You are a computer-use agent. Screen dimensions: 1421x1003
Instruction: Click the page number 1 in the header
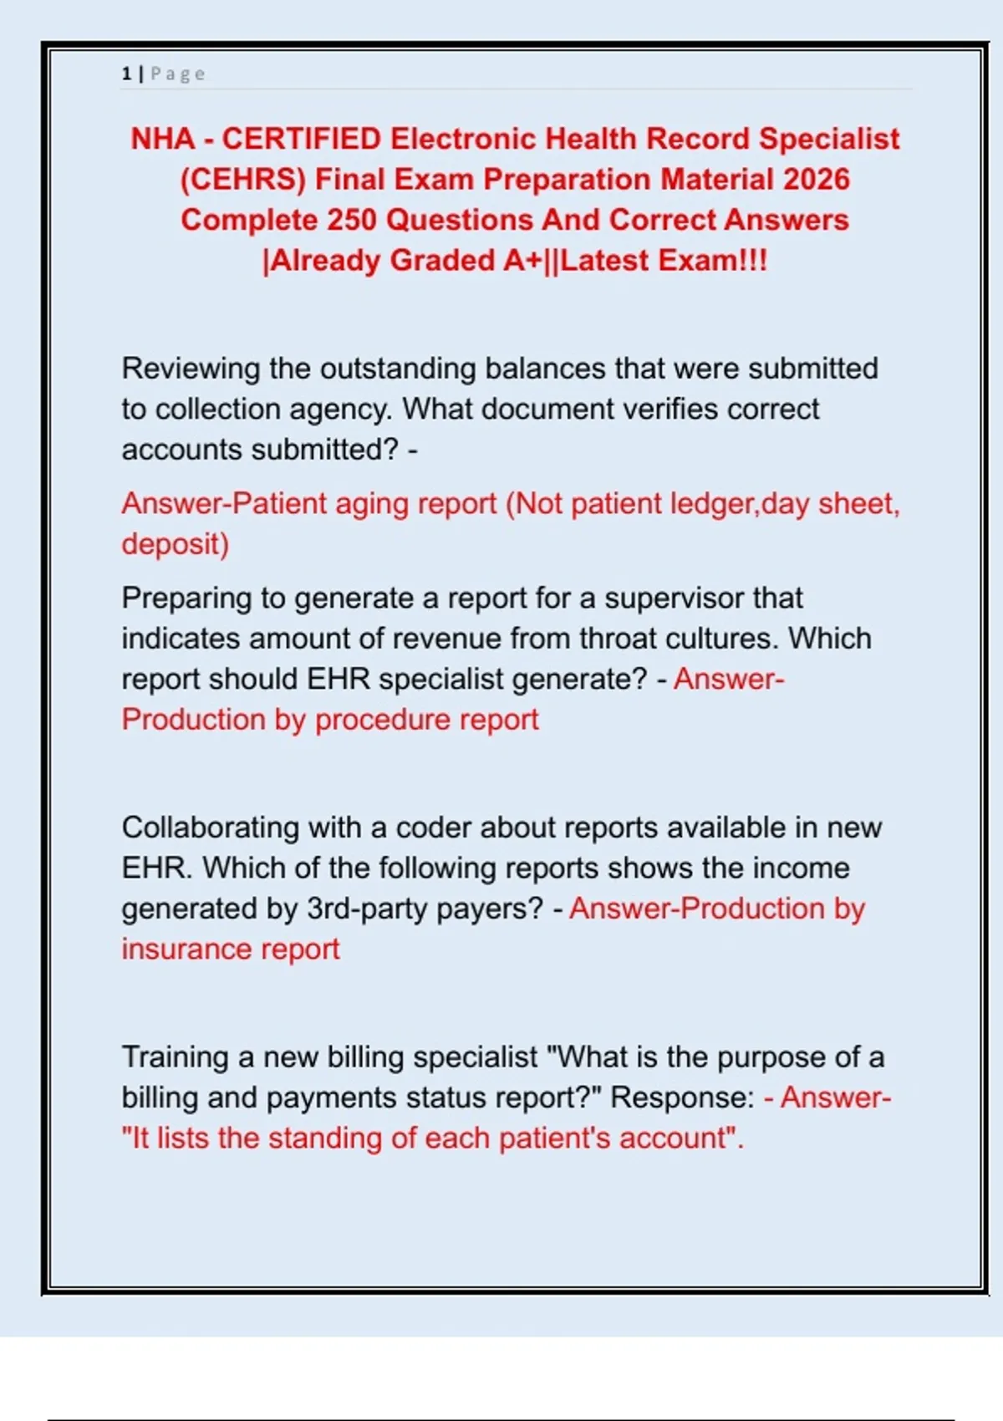point(126,74)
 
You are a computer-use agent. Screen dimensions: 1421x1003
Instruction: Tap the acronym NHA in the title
point(162,139)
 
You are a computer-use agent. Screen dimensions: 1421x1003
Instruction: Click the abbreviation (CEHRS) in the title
point(243,180)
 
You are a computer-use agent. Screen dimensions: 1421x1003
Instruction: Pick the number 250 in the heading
point(352,220)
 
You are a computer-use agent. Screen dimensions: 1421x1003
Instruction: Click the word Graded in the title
point(442,261)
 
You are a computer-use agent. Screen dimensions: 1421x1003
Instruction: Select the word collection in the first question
point(218,410)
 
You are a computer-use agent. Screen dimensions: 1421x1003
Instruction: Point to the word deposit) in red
point(175,544)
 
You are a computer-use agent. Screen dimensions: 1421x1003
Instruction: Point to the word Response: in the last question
point(683,1098)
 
